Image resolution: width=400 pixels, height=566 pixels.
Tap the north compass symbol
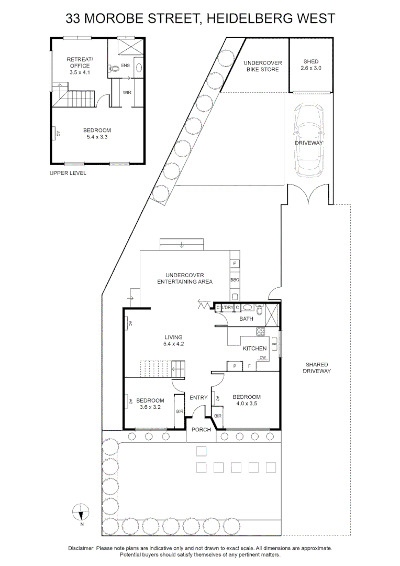81,511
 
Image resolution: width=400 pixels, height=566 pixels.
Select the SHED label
309,62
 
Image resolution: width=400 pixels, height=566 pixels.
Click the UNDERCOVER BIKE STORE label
263,66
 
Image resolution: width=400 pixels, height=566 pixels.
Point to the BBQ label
235,280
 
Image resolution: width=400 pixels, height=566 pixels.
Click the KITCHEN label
255,349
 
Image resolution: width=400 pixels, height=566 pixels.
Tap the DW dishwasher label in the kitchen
263,358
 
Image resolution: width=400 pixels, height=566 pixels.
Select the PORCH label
201,430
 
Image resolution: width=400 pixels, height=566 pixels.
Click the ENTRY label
199,398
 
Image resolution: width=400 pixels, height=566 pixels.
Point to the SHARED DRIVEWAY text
317,367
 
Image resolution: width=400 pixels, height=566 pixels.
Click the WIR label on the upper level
127,92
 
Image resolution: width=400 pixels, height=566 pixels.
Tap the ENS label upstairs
125,66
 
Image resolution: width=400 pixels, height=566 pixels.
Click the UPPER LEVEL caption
68,173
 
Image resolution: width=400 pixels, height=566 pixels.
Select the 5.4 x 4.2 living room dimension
173,344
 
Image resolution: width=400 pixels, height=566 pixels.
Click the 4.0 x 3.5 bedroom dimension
246,404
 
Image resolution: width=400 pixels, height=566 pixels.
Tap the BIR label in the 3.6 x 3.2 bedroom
179,412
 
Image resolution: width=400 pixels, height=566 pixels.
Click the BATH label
246,319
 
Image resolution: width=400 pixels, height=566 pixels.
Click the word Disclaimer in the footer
81,548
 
